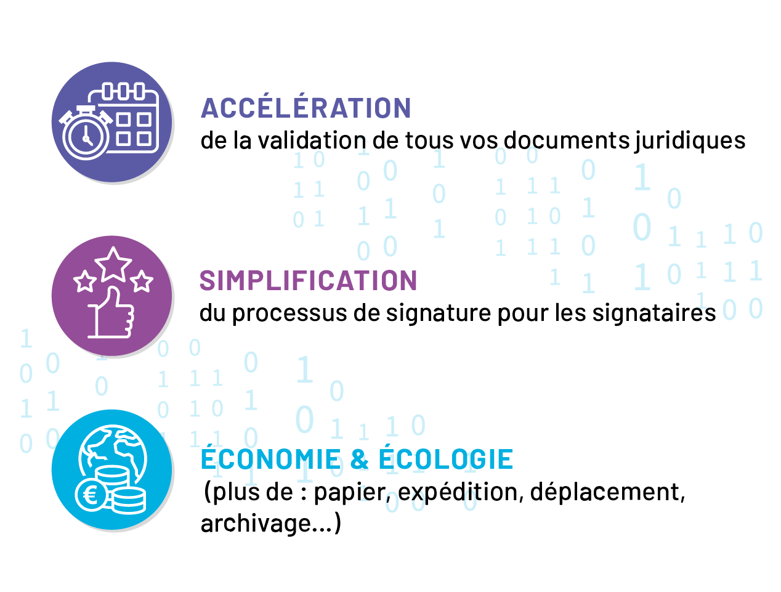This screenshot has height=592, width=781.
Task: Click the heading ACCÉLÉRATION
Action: pyautogui.click(x=306, y=108)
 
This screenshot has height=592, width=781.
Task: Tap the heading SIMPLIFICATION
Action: pyautogui.click(x=309, y=281)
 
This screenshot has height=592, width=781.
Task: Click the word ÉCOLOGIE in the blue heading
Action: pyautogui.click(x=445, y=460)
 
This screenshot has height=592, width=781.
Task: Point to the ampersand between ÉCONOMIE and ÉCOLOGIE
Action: pyautogui.click(x=359, y=460)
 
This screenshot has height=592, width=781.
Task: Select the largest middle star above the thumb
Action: pyautogui.click(x=113, y=264)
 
